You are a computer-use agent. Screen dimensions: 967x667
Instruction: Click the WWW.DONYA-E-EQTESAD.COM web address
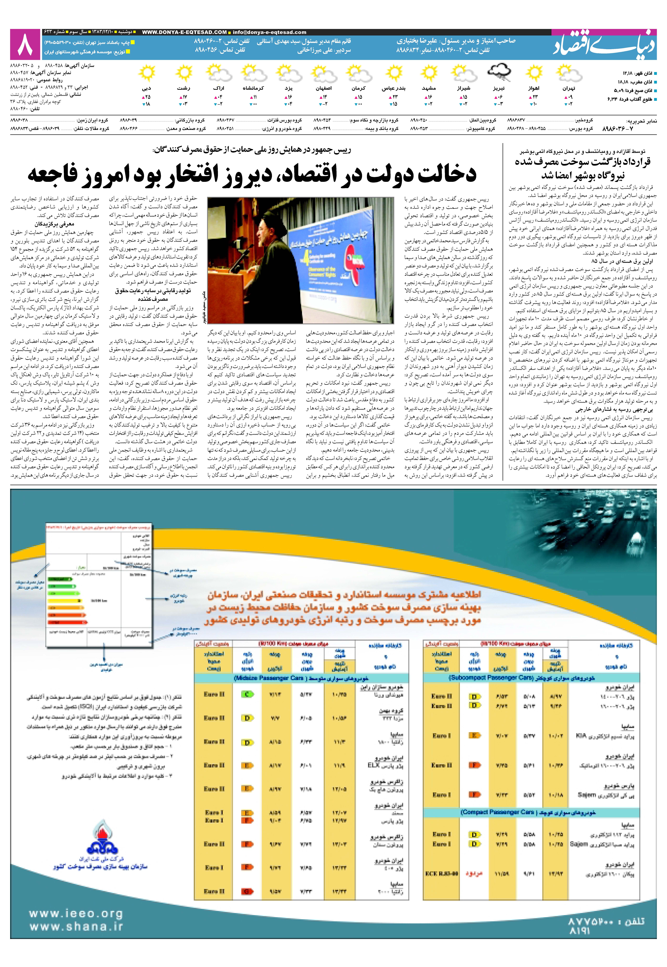pos(184,32)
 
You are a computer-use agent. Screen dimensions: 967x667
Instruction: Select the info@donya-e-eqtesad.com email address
pos(269,32)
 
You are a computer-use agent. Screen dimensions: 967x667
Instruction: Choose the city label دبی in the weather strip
pos(146,89)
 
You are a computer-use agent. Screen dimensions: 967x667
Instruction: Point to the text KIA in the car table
pos(581,735)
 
